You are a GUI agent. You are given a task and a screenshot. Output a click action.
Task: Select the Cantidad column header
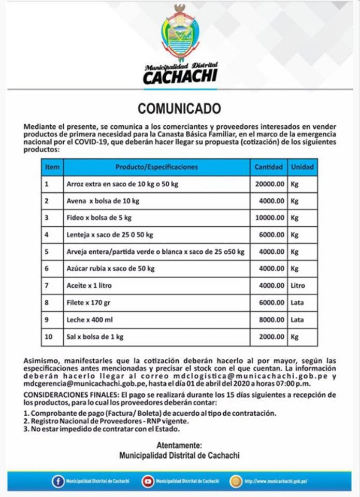[x=268, y=167]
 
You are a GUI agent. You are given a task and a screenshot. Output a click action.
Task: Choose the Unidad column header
[x=301, y=167]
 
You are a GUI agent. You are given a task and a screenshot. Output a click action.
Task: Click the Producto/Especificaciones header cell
[x=156, y=167]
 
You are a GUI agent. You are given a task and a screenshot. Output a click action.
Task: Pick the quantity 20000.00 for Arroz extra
[x=270, y=184]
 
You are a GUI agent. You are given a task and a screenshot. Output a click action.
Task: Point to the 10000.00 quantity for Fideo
[x=270, y=218]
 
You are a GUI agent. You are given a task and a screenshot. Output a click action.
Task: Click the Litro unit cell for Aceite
[x=298, y=286]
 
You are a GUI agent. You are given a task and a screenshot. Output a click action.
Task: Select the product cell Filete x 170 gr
[x=90, y=303]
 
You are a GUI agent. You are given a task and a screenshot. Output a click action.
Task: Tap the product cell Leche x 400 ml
[x=89, y=320]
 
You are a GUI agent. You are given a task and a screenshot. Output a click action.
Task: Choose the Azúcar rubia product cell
[x=110, y=269]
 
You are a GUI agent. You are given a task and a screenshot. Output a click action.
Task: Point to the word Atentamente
[x=179, y=445]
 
